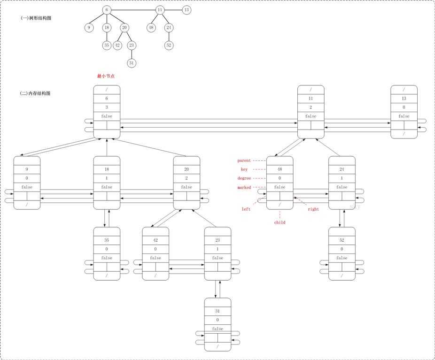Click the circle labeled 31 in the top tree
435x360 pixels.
click(x=132, y=63)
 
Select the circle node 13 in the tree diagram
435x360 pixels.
click(x=186, y=10)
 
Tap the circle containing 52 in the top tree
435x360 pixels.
click(x=169, y=45)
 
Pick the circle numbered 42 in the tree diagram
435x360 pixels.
click(x=117, y=45)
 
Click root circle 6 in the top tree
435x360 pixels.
click(x=107, y=10)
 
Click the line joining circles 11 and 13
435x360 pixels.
click(x=173, y=10)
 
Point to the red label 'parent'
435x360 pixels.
click(x=244, y=161)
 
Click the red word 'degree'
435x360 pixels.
click(x=244, y=178)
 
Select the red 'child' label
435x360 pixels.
click(x=280, y=222)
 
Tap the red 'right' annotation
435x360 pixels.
click(x=313, y=209)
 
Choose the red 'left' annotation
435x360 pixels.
click(x=246, y=209)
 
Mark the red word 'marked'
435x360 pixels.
click(x=244, y=188)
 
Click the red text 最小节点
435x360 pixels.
click(x=106, y=76)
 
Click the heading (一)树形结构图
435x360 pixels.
click(x=36, y=18)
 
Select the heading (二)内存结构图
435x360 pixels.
click(x=35, y=93)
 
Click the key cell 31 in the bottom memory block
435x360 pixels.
click(x=217, y=311)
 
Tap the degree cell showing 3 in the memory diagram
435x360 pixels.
click(x=107, y=107)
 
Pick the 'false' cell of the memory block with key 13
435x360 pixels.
click(x=404, y=116)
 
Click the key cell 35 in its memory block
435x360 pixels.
click(x=107, y=240)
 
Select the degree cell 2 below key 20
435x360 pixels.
click(x=186, y=178)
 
